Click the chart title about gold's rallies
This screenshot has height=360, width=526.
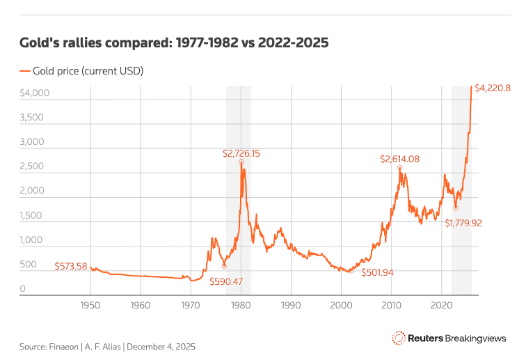pos(174,42)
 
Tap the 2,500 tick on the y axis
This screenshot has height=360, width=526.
pos(33,166)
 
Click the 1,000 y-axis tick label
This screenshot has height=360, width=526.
pos(33,240)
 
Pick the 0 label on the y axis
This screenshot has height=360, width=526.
pos(22,289)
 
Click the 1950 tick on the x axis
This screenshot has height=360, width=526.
pos(90,305)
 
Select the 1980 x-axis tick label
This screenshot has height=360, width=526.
pos(241,305)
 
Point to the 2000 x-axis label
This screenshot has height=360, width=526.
pos(341,305)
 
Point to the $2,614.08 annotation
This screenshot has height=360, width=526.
pos(399,159)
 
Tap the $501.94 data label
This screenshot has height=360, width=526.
pos(377,272)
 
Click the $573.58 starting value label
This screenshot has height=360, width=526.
pos(71,266)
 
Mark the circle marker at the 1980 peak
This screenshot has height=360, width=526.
pos(241,162)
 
